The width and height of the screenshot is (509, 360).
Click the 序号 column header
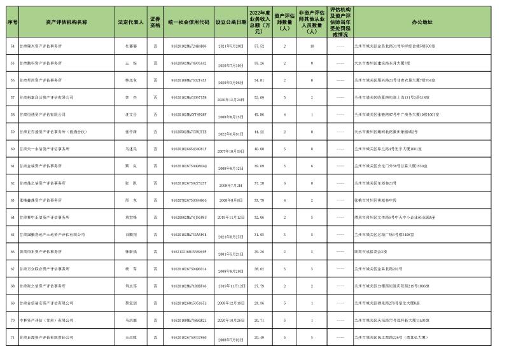[x=12, y=22]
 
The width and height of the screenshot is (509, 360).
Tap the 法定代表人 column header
[x=131, y=22]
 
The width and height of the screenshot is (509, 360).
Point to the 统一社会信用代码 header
[x=189, y=22]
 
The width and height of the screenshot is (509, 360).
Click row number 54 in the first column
[x=12, y=46]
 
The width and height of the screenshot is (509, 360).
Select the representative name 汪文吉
[x=131, y=114]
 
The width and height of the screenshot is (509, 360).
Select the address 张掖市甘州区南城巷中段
[x=379, y=200]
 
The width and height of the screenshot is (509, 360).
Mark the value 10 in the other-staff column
[x=312, y=46]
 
